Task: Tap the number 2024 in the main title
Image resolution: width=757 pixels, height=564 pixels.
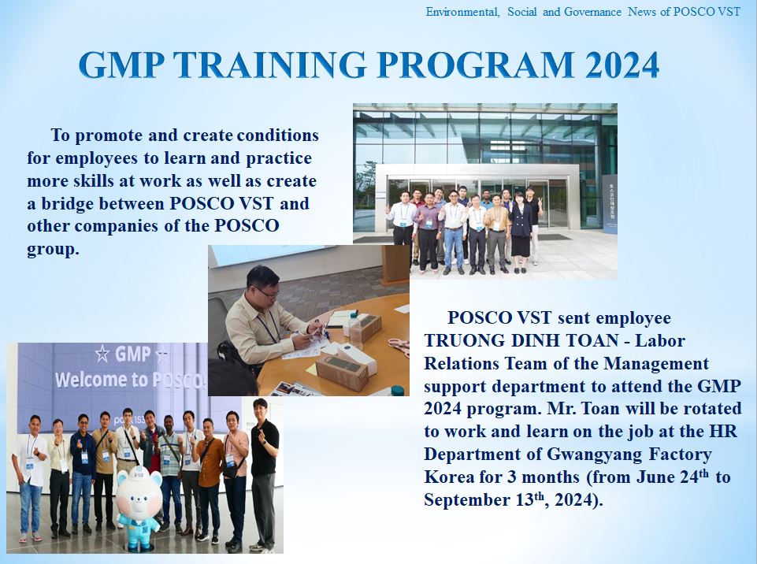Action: [622, 65]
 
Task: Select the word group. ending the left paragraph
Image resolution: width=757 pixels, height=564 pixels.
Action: [53, 250]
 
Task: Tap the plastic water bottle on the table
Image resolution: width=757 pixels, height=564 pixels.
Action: [355, 331]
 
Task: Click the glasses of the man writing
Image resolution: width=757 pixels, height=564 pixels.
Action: [267, 292]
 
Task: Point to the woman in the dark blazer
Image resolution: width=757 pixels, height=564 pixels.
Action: [521, 232]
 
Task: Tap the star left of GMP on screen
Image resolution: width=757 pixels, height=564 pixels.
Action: [102, 354]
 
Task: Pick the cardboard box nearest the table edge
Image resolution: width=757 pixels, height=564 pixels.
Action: [342, 372]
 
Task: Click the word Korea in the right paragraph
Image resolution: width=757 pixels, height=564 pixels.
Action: [449, 477]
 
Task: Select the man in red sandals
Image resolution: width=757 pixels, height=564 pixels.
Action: [30, 478]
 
